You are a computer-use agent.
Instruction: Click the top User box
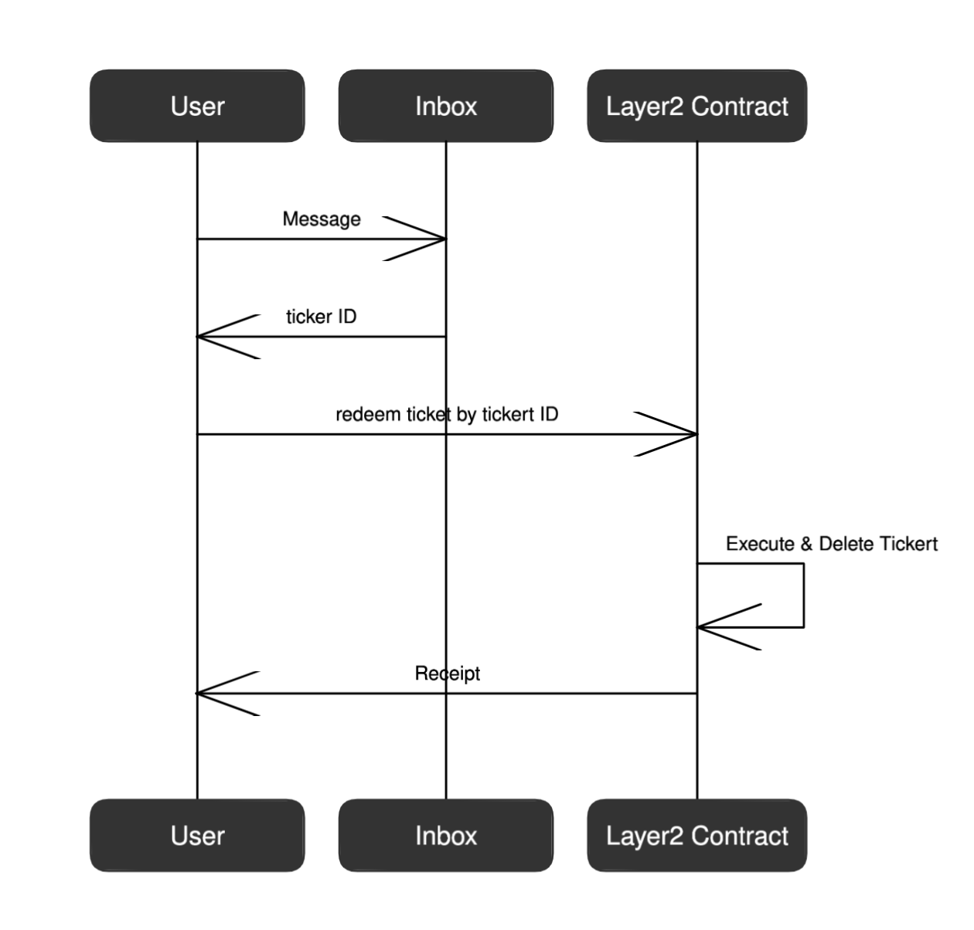point(197,106)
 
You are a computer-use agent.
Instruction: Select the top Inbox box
point(446,106)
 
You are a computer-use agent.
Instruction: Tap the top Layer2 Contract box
point(696,106)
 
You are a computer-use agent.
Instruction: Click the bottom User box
point(197,835)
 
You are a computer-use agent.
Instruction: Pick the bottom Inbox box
point(446,835)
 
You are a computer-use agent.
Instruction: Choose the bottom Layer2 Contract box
point(696,835)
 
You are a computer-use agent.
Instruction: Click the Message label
point(322,219)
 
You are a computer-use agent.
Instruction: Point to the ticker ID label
point(322,317)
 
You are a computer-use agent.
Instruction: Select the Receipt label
point(447,674)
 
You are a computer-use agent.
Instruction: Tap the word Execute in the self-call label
point(760,544)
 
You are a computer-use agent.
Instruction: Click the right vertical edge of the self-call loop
point(804,595)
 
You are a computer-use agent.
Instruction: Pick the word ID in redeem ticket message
point(547,415)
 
